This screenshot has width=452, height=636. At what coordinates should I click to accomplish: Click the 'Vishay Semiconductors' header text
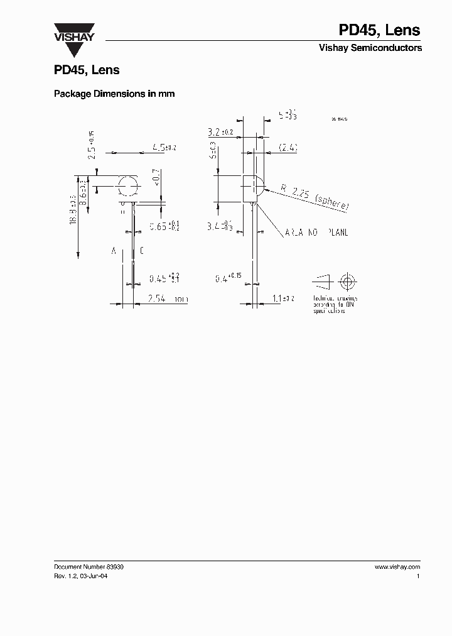coord(370,48)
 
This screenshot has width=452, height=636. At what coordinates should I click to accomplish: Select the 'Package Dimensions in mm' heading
coord(114,94)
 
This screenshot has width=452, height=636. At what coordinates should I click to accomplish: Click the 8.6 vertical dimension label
coord(83,188)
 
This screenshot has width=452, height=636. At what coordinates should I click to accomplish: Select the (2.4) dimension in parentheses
coord(287,148)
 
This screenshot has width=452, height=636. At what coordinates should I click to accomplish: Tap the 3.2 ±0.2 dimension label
coord(220,133)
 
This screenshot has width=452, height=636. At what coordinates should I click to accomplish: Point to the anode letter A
coord(114,251)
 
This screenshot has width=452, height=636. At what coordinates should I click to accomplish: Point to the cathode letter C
coord(142,251)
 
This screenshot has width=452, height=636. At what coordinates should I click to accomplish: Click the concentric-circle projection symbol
coord(347,280)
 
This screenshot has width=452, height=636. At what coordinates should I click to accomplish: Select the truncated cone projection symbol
coord(321,280)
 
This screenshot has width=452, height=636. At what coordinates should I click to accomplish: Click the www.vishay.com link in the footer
coord(397,567)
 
